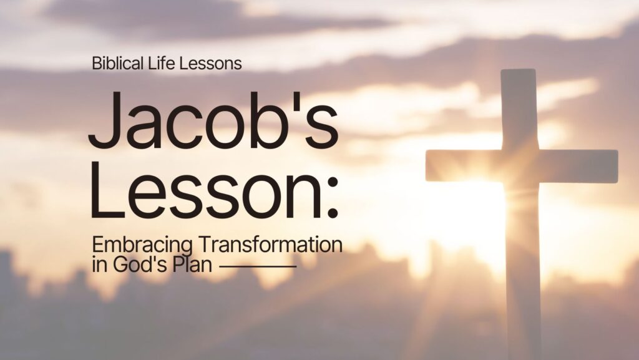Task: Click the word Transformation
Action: coord(269,245)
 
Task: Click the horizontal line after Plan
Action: coord(258,266)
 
